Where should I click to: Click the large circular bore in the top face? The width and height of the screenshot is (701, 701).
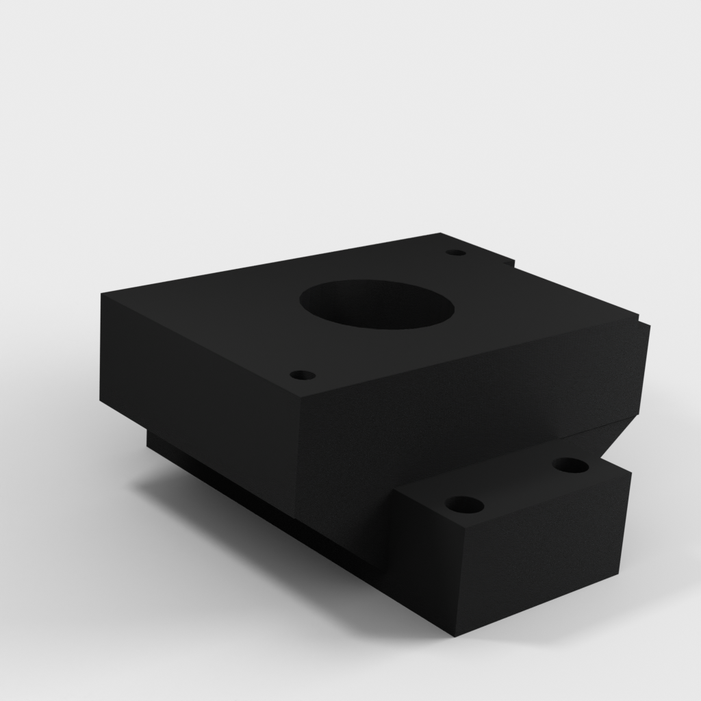(x=377, y=304)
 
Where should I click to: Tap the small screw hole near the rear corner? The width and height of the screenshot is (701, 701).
(x=455, y=253)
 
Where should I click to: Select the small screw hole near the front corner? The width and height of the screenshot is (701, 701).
(x=302, y=375)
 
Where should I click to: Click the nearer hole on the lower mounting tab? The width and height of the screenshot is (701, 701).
(x=464, y=506)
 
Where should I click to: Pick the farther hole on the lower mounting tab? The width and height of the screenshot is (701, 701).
(x=570, y=466)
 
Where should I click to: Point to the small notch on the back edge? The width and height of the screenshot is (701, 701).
(x=507, y=261)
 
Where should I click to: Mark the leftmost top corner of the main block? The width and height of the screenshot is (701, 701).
(x=103, y=294)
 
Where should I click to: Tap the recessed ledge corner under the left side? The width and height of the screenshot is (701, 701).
(x=148, y=431)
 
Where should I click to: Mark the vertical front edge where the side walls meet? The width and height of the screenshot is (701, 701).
(x=300, y=459)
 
